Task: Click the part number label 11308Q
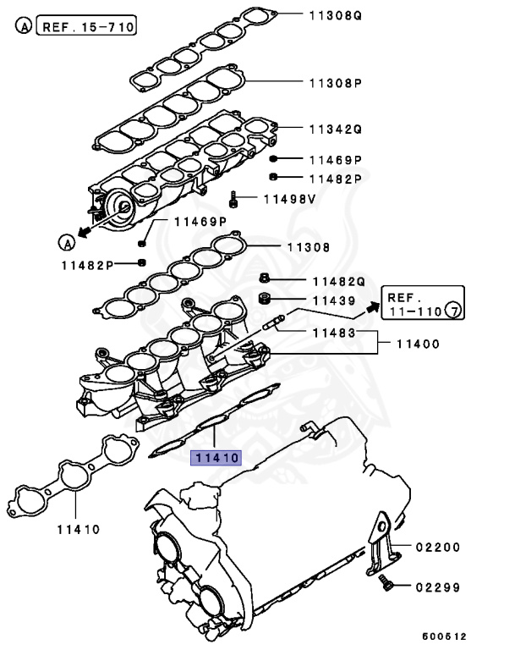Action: click(x=334, y=14)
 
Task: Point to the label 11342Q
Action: click(x=334, y=129)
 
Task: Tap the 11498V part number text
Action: click(x=289, y=199)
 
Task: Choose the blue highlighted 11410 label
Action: click(x=216, y=458)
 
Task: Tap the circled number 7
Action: click(x=453, y=312)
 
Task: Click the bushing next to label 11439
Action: click(x=264, y=300)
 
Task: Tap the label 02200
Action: click(x=437, y=548)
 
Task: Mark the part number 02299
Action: click(x=437, y=587)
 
